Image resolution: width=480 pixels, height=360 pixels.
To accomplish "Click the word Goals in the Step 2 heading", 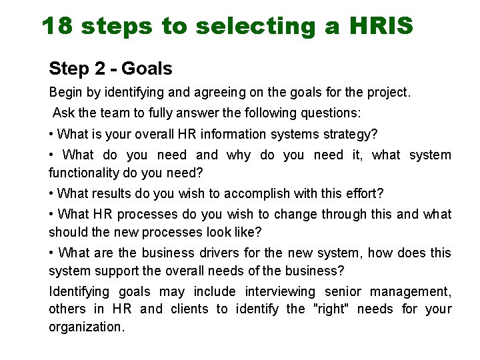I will click(x=147, y=68).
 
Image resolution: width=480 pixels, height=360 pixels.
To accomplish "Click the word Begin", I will click(x=65, y=93).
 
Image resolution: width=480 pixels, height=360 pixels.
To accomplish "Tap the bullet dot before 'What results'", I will click(x=51, y=194).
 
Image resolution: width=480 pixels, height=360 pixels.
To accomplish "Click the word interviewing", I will click(x=280, y=292).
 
